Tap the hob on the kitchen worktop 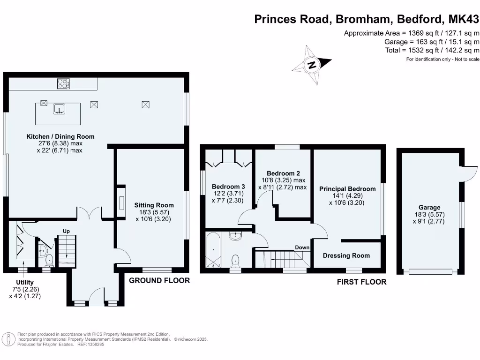click(x=63, y=84)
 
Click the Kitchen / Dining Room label click(x=60, y=136)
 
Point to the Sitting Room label click(x=154, y=205)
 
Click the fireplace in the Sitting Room click(x=121, y=203)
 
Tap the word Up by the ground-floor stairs click(x=66, y=231)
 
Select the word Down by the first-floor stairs click(x=302, y=247)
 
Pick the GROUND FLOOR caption click(x=159, y=280)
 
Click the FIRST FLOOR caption click(x=361, y=282)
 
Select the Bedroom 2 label click(x=283, y=173)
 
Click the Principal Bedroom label click(x=347, y=189)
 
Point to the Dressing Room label click(x=346, y=255)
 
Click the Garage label click(x=429, y=208)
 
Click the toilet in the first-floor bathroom click(x=235, y=259)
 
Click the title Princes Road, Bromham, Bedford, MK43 click(x=367, y=19)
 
